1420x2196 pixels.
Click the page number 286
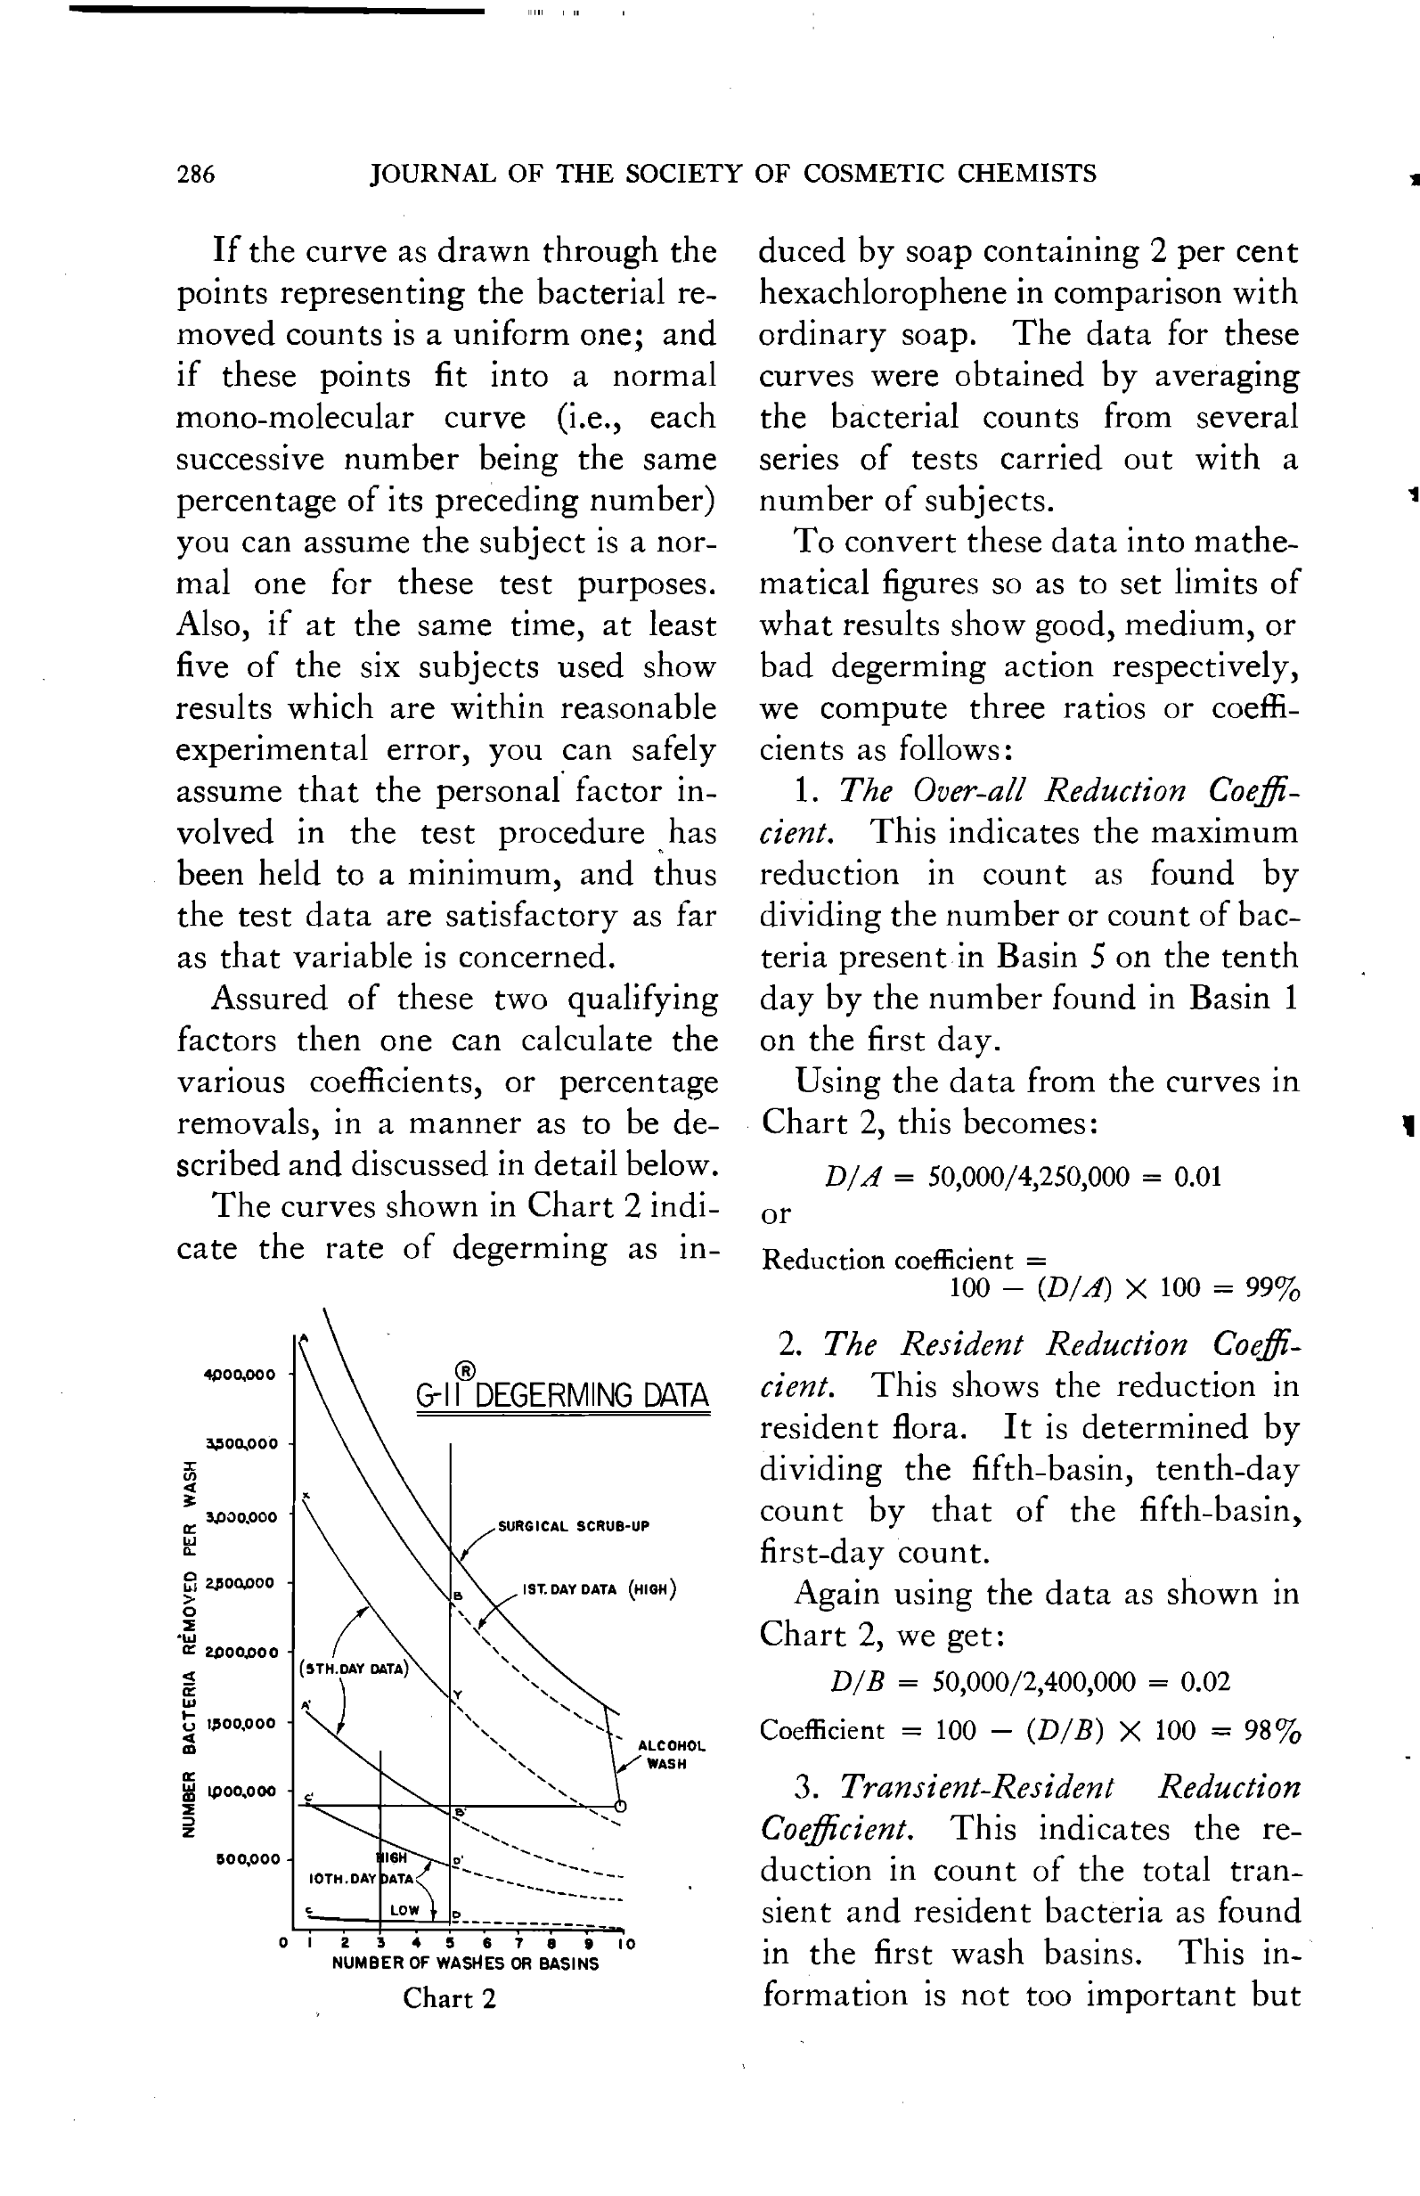click(x=195, y=174)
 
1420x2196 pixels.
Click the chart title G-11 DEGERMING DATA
click(x=562, y=1394)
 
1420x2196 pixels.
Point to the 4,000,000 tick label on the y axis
click(x=240, y=1375)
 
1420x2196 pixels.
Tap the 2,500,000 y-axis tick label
click(x=240, y=1583)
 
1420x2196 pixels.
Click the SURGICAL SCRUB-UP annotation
click(x=574, y=1526)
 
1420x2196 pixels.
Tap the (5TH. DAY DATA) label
click(x=354, y=1669)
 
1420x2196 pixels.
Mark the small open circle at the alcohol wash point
click(x=621, y=1806)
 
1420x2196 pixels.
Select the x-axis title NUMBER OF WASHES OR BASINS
click(x=465, y=1963)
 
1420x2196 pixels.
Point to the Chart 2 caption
click(x=449, y=1999)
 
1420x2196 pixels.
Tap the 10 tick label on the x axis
click(x=626, y=1944)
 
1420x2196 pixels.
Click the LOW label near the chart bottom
click(x=404, y=1910)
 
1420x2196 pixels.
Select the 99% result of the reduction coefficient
click(x=1272, y=1287)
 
